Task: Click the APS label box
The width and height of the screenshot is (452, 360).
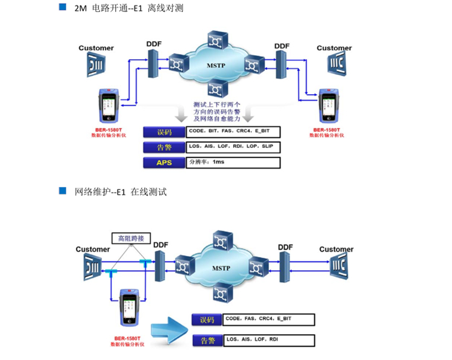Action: click(164, 162)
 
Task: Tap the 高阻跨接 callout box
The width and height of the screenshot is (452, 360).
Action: click(131, 238)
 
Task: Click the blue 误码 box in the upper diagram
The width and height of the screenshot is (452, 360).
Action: click(164, 132)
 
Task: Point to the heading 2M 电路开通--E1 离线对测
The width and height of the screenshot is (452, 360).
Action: click(128, 8)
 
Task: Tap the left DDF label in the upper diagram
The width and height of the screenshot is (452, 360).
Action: click(154, 45)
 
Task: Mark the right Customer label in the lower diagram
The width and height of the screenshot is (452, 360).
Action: click(336, 249)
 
